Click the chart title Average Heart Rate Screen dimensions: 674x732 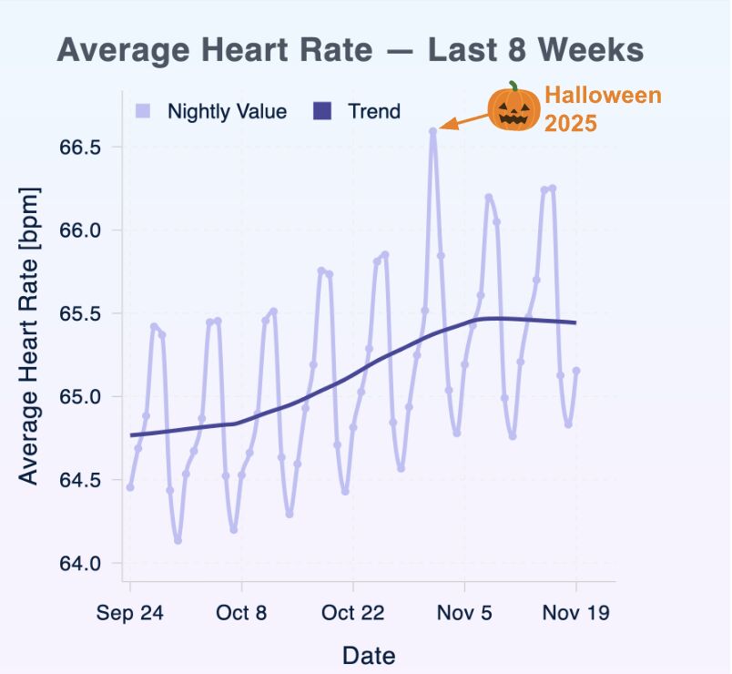(351, 49)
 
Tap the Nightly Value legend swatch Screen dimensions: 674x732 (142, 111)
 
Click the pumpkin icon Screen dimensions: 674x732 (514, 107)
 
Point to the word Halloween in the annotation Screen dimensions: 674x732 (603, 96)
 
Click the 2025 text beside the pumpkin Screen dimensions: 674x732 (571, 122)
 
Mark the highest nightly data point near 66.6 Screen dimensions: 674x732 (433, 131)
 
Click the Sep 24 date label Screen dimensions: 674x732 (130, 613)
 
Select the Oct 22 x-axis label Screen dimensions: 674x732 (353, 613)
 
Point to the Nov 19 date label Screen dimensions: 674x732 (575, 613)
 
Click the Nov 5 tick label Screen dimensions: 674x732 (464, 613)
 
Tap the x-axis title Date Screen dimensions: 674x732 (369, 654)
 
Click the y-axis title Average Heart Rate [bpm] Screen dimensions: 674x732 (29, 336)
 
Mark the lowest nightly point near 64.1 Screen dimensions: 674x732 (178, 540)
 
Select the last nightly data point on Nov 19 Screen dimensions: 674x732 (576, 370)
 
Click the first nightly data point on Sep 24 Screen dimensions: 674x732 (130, 487)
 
